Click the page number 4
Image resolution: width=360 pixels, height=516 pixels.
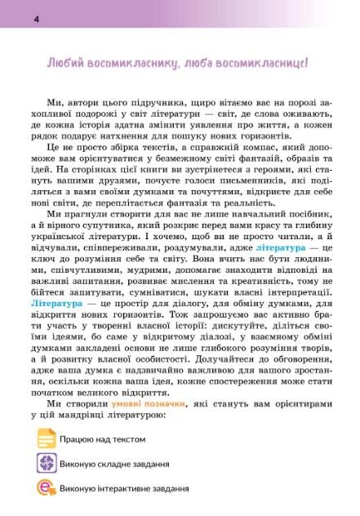pos(13,18)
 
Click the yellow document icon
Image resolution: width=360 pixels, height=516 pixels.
pos(47,440)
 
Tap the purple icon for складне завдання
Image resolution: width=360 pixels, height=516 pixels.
pos(47,465)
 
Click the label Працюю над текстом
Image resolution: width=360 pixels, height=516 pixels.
pos(102,440)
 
